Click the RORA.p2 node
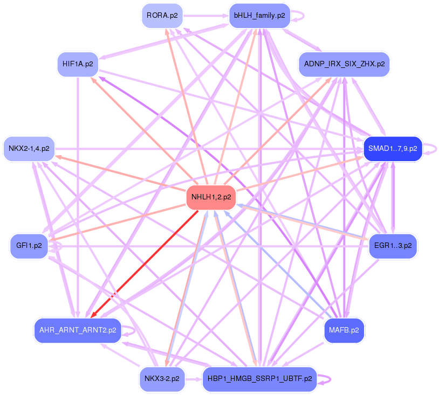coord(162,16)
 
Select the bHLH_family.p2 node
coord(259,16)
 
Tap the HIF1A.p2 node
coord(78,64)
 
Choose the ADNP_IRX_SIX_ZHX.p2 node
coord(344,64)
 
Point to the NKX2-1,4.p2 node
coord(29,148)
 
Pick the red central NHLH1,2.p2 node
coord(211,197)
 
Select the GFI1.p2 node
coord(29,246)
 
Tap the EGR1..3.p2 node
coord(392,246)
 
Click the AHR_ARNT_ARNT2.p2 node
coord(78,330)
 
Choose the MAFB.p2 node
coord(344,330)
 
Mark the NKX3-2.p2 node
coord(162,378)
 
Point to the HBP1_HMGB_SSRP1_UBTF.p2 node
coord(259,378)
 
